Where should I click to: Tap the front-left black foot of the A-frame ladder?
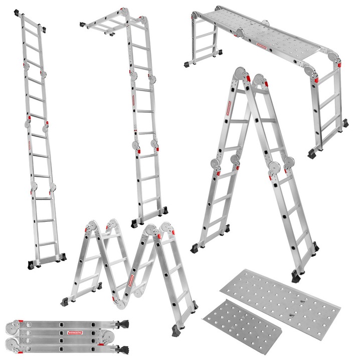pos(194,248)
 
